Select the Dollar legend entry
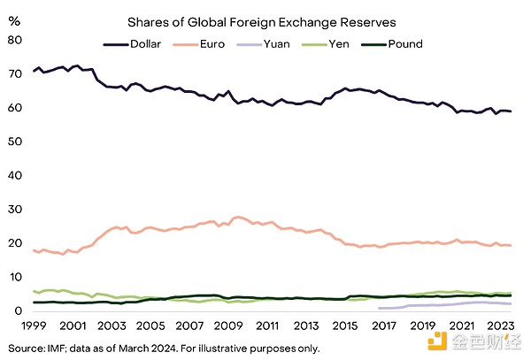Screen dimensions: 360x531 [133, 44]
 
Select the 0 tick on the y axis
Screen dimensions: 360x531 [16, 310]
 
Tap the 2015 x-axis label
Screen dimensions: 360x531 [341, 325]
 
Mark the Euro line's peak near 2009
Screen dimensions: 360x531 [237, 217]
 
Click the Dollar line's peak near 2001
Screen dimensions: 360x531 [78, 65]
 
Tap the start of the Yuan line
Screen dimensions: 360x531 [379, 308]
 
